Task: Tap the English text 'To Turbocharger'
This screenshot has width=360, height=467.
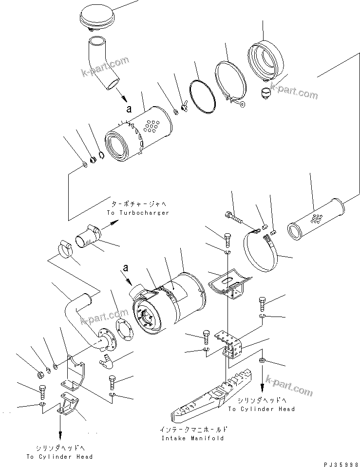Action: coord(137,213)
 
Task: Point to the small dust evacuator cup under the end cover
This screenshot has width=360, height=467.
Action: coord(266,93)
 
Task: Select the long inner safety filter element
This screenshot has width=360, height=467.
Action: coord(319,219)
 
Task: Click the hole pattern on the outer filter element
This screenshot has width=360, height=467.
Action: coord(154,127)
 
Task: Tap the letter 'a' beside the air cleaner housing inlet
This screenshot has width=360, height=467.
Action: coord(126,267)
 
